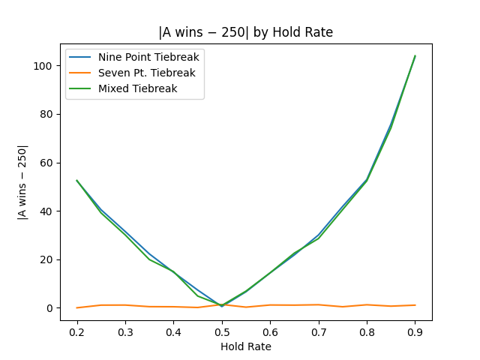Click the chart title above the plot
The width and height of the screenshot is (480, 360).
pyautogui.click(x=245, y=32)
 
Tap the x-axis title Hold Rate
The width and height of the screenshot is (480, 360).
pyautogui.click(x=245, y=346)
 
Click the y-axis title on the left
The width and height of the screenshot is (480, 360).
pyautogui.click(x=22, y=182)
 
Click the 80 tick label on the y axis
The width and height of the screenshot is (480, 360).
pyautogui.click(x=47, y=114)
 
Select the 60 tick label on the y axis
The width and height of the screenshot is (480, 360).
pyautogui.click(x=47, y=163)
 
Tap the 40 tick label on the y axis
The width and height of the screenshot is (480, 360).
pyautogui.click(x=47, y=211)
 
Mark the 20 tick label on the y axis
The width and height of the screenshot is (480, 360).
pyautogui.click(x=47, y=259)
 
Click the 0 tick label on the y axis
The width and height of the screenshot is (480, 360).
pyautogui.click(x=49, y=308)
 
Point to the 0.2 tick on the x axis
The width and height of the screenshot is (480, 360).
pyautogui.click(x=76, y=331)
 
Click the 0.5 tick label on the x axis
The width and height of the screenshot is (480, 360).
pyautogui.click(x=221, y=331)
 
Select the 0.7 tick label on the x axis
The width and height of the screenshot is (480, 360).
pyautogui.click(x=318, y=331)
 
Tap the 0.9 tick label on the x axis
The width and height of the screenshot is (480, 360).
pyautogui.click(x=415, y=331)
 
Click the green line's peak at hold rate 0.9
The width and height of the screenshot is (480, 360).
pyautogui.click(x=415, y=56)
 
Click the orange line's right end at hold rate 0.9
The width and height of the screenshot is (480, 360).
pyautogui.click(x=415, y=305)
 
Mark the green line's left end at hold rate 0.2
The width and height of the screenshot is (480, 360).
pyautogui.click(x=76, y=181)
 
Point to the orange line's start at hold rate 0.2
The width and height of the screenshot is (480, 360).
pyautogui.click(x=76, y=307)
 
